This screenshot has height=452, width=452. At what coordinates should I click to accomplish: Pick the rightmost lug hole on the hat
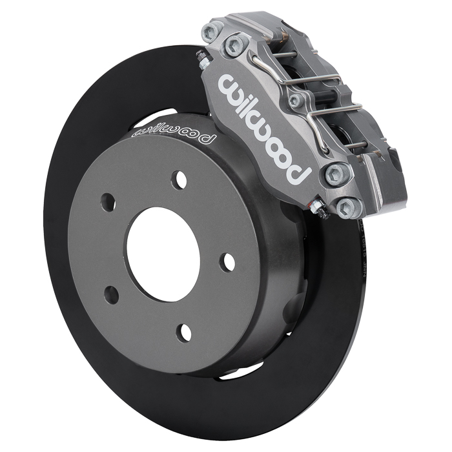coord(227,261)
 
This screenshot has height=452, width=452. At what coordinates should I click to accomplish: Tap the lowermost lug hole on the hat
coord(185,332)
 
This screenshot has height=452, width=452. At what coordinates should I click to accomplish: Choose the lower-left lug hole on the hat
coord(112,294)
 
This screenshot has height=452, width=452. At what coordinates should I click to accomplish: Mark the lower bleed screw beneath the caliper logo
coord(317,207)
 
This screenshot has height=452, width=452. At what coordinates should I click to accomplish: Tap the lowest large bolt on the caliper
coord(347,207)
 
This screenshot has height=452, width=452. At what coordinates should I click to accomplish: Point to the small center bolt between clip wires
coord(296,100)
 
